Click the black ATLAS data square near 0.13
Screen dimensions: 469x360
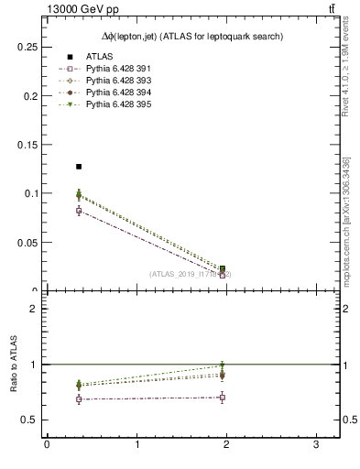click(x=79, y=167)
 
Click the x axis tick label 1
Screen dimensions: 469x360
click(x=136, y=445)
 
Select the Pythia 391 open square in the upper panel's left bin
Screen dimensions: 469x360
click(x=79, y=211)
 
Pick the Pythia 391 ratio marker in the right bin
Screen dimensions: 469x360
click(x=223, y=398)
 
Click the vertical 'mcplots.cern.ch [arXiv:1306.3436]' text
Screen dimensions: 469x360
click(x=346, y=220)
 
